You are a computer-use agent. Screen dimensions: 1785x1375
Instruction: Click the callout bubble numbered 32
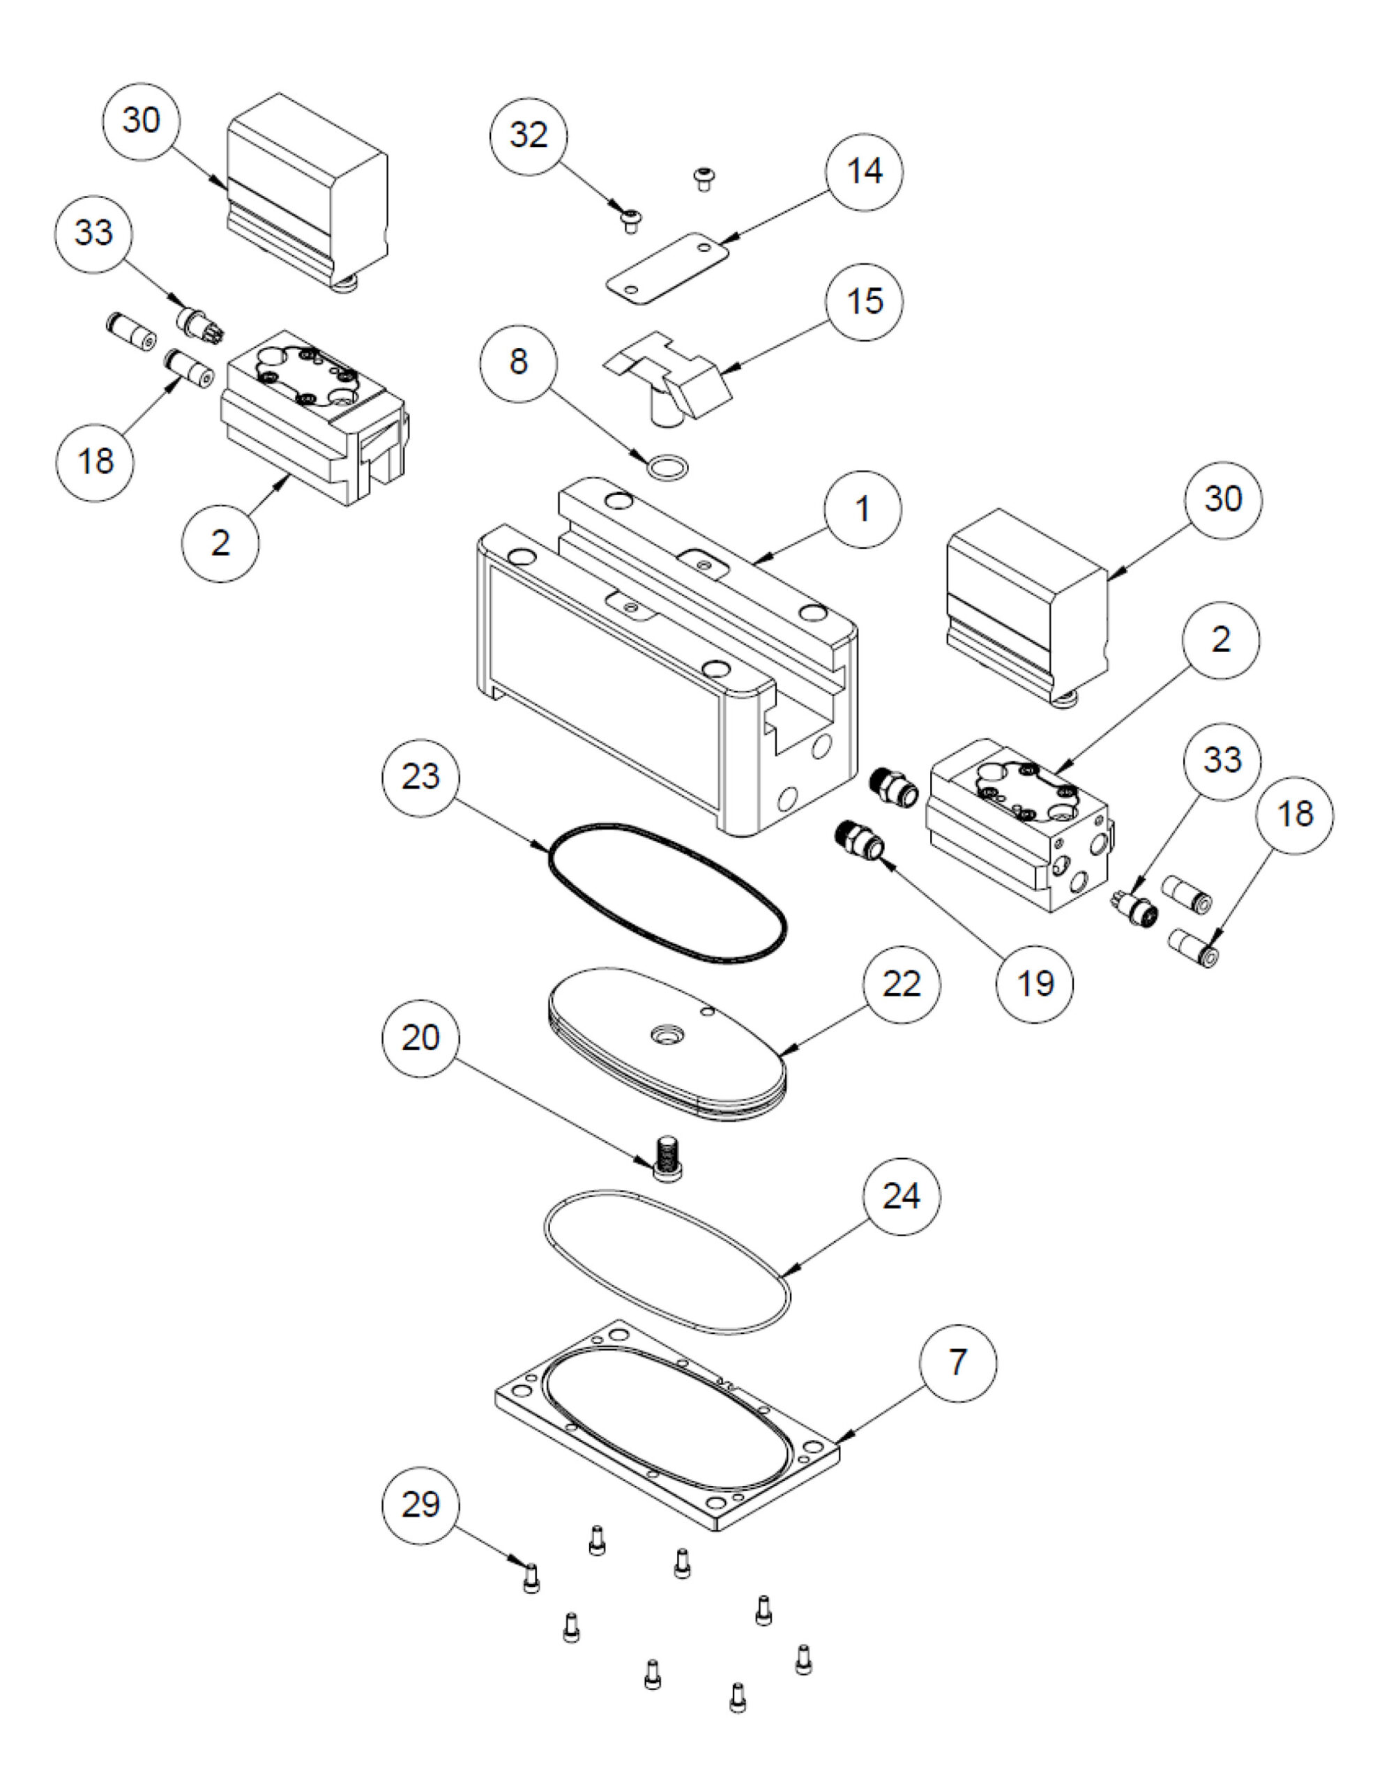pos(528,135)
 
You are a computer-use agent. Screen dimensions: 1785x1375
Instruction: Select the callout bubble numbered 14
pos(864,172)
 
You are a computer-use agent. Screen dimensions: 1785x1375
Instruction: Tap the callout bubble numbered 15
pos(864,301)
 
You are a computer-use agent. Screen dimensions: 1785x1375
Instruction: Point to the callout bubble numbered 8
pos(518,361)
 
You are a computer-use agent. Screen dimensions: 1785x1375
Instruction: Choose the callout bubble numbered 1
pos(863,509)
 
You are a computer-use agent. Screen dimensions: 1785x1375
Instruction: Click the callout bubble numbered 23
pos(421,775)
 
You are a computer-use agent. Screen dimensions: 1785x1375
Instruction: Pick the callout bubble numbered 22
pos(902,984)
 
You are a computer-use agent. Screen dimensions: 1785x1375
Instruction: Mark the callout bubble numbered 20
pos(421,1037)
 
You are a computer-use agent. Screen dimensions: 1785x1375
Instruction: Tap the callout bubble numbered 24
pos(902,1196)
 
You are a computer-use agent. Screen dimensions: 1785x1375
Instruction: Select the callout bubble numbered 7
pos(957,1362)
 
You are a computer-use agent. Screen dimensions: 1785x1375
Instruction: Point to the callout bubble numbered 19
pos(1035,983)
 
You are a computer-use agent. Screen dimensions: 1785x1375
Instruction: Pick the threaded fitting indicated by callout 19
pos(860,841)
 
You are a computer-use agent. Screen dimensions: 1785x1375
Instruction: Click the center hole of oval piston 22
pos(664,1036)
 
